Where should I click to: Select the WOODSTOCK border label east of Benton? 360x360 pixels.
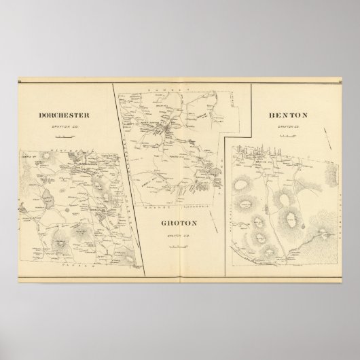tap(340, 204)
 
